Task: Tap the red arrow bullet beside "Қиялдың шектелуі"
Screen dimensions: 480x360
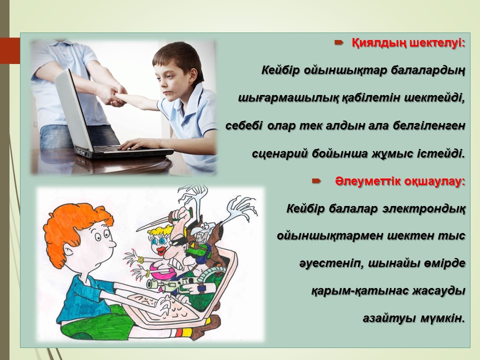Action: click(338, 42)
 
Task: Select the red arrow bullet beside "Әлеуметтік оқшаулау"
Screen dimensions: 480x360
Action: click(316, 181)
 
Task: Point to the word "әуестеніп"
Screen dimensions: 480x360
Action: click(330, 263)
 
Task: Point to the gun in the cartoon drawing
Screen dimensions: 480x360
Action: click(171, 283)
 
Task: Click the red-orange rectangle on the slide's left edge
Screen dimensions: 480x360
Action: click(10, 50)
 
